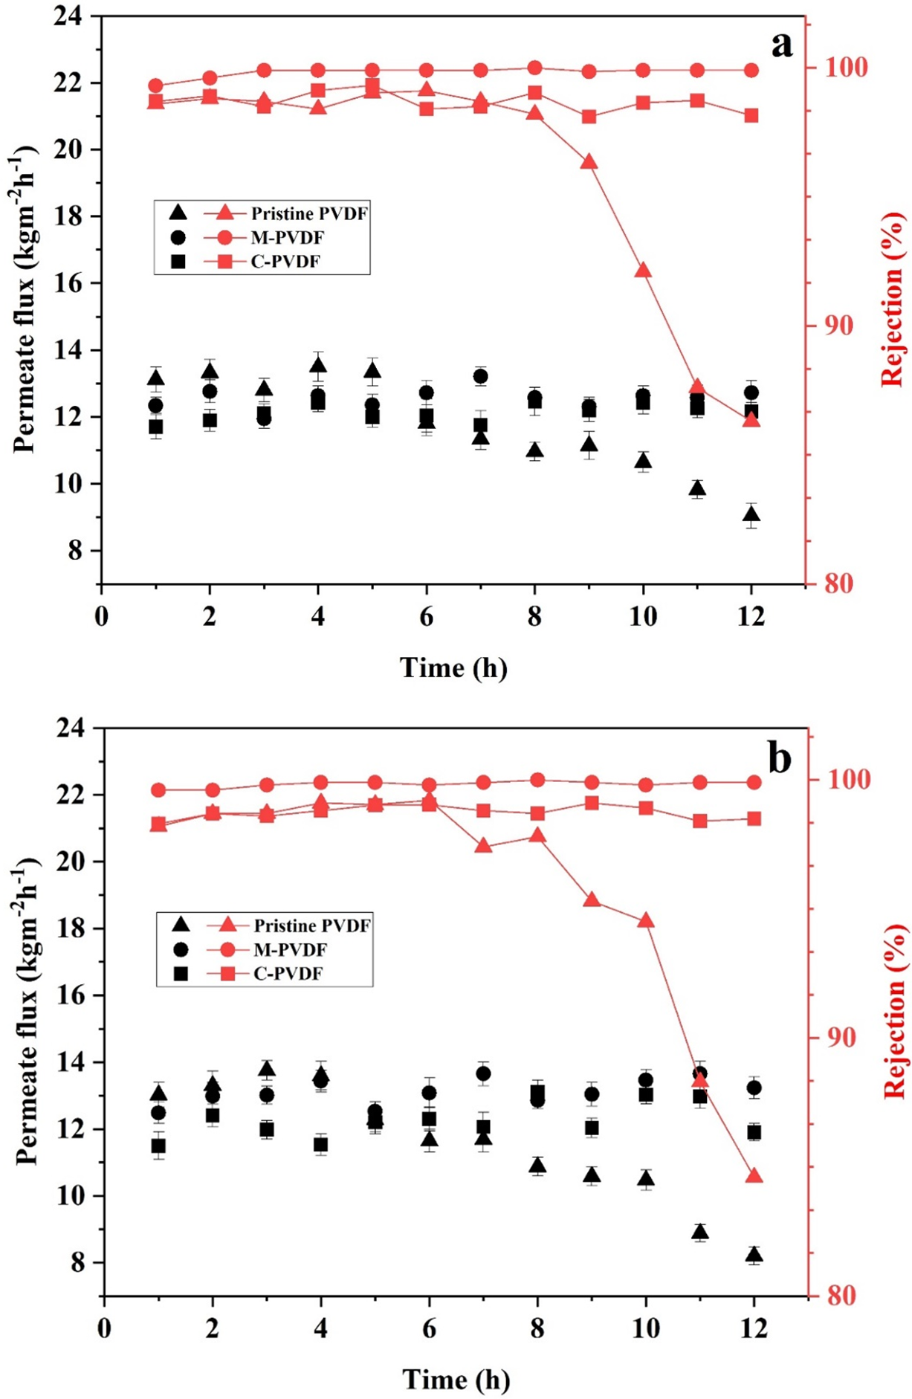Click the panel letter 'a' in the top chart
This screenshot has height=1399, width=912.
[x=781, y=45]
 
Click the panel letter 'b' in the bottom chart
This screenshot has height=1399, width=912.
[x=779, y=759]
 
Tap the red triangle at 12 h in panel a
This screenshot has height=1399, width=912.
[x=751, y=419]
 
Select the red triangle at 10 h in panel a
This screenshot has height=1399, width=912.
[x=643, y=270]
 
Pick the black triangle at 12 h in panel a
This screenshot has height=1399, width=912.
[x=751, y=514]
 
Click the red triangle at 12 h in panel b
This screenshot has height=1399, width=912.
[x=754, y=1175]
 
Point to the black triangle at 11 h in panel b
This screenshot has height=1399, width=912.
[x=700, y=1232]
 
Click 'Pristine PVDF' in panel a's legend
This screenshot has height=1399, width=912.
[x=309, y=214]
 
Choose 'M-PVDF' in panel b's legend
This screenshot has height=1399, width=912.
[x=290, y=949]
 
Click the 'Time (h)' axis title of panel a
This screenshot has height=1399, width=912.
[x=453, y=668]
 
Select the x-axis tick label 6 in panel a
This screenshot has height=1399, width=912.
[x=426, y=617]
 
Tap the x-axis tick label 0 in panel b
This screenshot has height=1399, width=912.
[x=105, y=1329]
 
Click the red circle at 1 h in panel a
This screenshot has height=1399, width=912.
[x=155, y=85]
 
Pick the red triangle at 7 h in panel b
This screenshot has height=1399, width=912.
[x=484, y=845]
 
